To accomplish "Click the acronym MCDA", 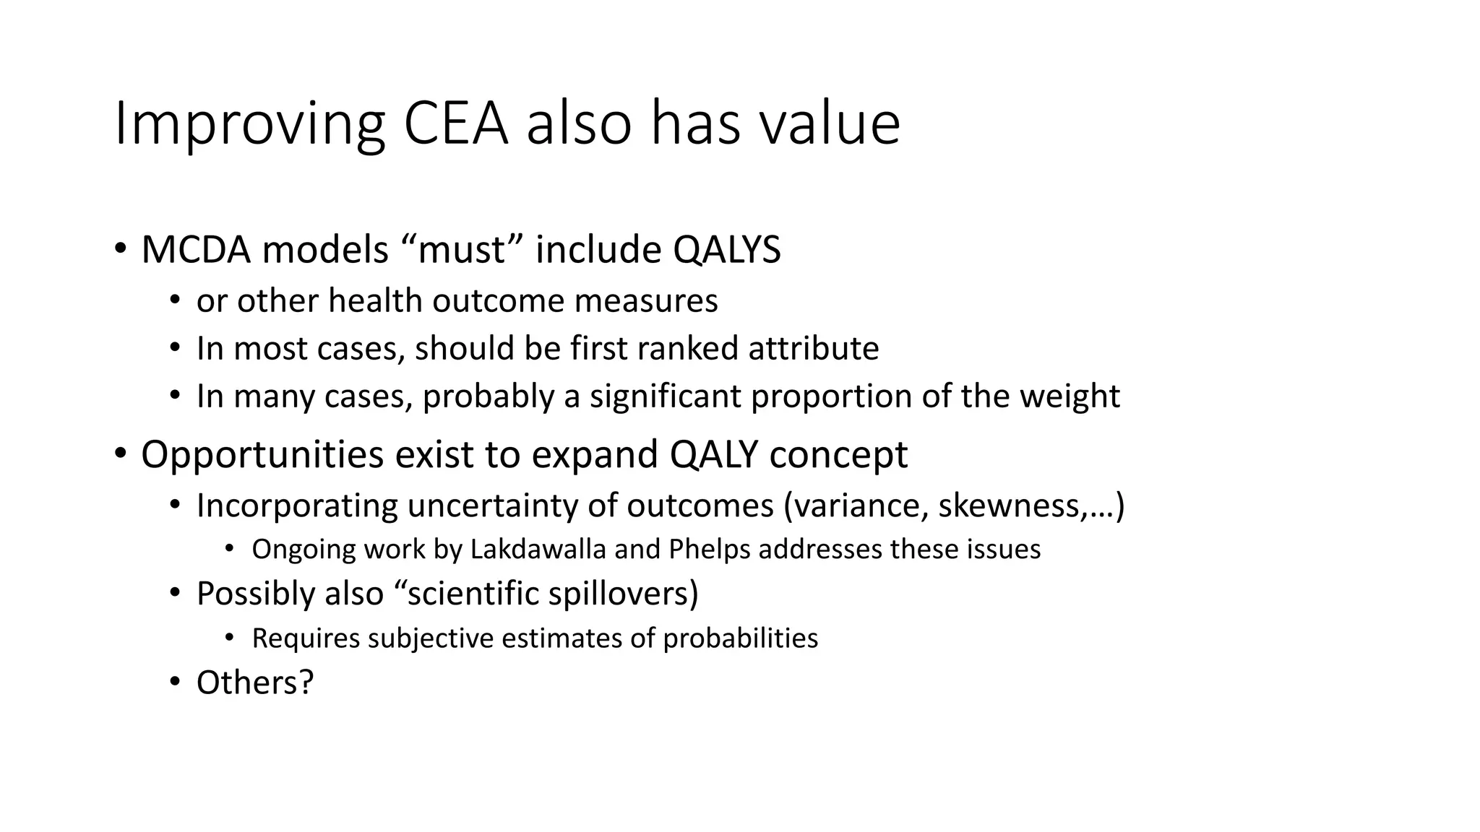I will [193, 250].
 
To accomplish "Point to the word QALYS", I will [726, 250].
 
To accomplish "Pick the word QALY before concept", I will [713, 455].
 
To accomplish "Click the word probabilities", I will [740, 638].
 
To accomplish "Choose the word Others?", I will [255, 682].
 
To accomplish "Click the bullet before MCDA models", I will [120, 249].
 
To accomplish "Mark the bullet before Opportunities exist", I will [120, 454].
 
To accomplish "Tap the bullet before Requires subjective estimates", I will [230, 638].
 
